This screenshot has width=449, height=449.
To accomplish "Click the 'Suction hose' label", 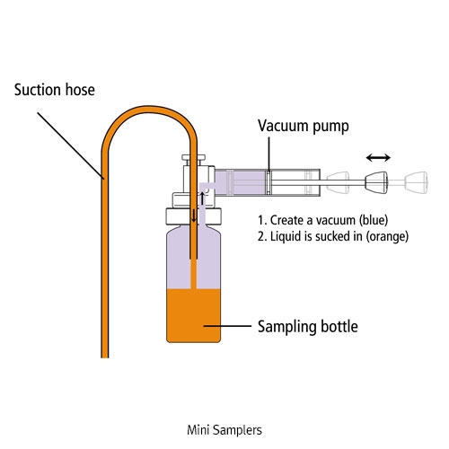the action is tap(55, 90).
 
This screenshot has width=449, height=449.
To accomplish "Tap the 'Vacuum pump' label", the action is tap(304, 126).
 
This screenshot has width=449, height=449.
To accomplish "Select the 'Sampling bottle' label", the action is tap(308, 327).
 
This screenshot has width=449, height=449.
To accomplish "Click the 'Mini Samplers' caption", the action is tap(224, 430).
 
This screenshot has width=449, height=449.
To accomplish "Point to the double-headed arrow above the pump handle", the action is tap(378, 157).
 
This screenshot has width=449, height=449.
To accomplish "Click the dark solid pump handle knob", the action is tap(376, 182).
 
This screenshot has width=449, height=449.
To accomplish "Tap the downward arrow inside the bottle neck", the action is tap(194, 216).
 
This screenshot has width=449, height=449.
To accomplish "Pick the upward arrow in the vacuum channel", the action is tap(203, 198).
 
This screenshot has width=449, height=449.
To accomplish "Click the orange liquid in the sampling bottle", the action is tap(194, 315).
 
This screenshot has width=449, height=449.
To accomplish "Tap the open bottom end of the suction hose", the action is tap(105, 357).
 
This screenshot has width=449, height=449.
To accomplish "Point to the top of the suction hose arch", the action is tap(150, 109).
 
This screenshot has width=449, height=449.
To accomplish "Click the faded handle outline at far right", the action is tap(416, 181).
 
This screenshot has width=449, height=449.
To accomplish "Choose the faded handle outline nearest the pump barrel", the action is tap(339, 182).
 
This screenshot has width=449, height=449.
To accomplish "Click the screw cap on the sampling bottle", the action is tap(194, 216).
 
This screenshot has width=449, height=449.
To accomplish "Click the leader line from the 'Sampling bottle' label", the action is tap(227, 326).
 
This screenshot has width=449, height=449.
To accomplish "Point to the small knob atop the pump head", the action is tap(194, 158).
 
